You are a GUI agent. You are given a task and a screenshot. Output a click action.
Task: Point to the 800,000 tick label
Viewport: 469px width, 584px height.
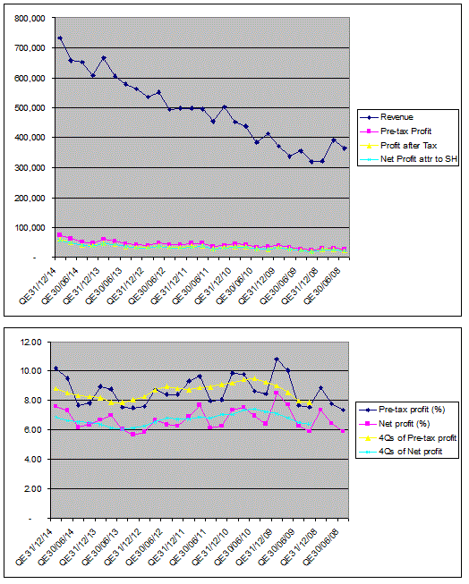[30, 18]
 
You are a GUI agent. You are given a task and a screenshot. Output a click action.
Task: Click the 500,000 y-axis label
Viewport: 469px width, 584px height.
[30, 108]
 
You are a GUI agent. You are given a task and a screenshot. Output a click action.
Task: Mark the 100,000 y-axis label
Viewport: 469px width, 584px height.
[30, 227]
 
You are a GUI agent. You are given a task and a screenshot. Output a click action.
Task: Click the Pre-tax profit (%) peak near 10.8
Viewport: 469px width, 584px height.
[277, 360]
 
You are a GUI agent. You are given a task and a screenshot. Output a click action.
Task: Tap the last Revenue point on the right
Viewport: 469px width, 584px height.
[345, 148]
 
